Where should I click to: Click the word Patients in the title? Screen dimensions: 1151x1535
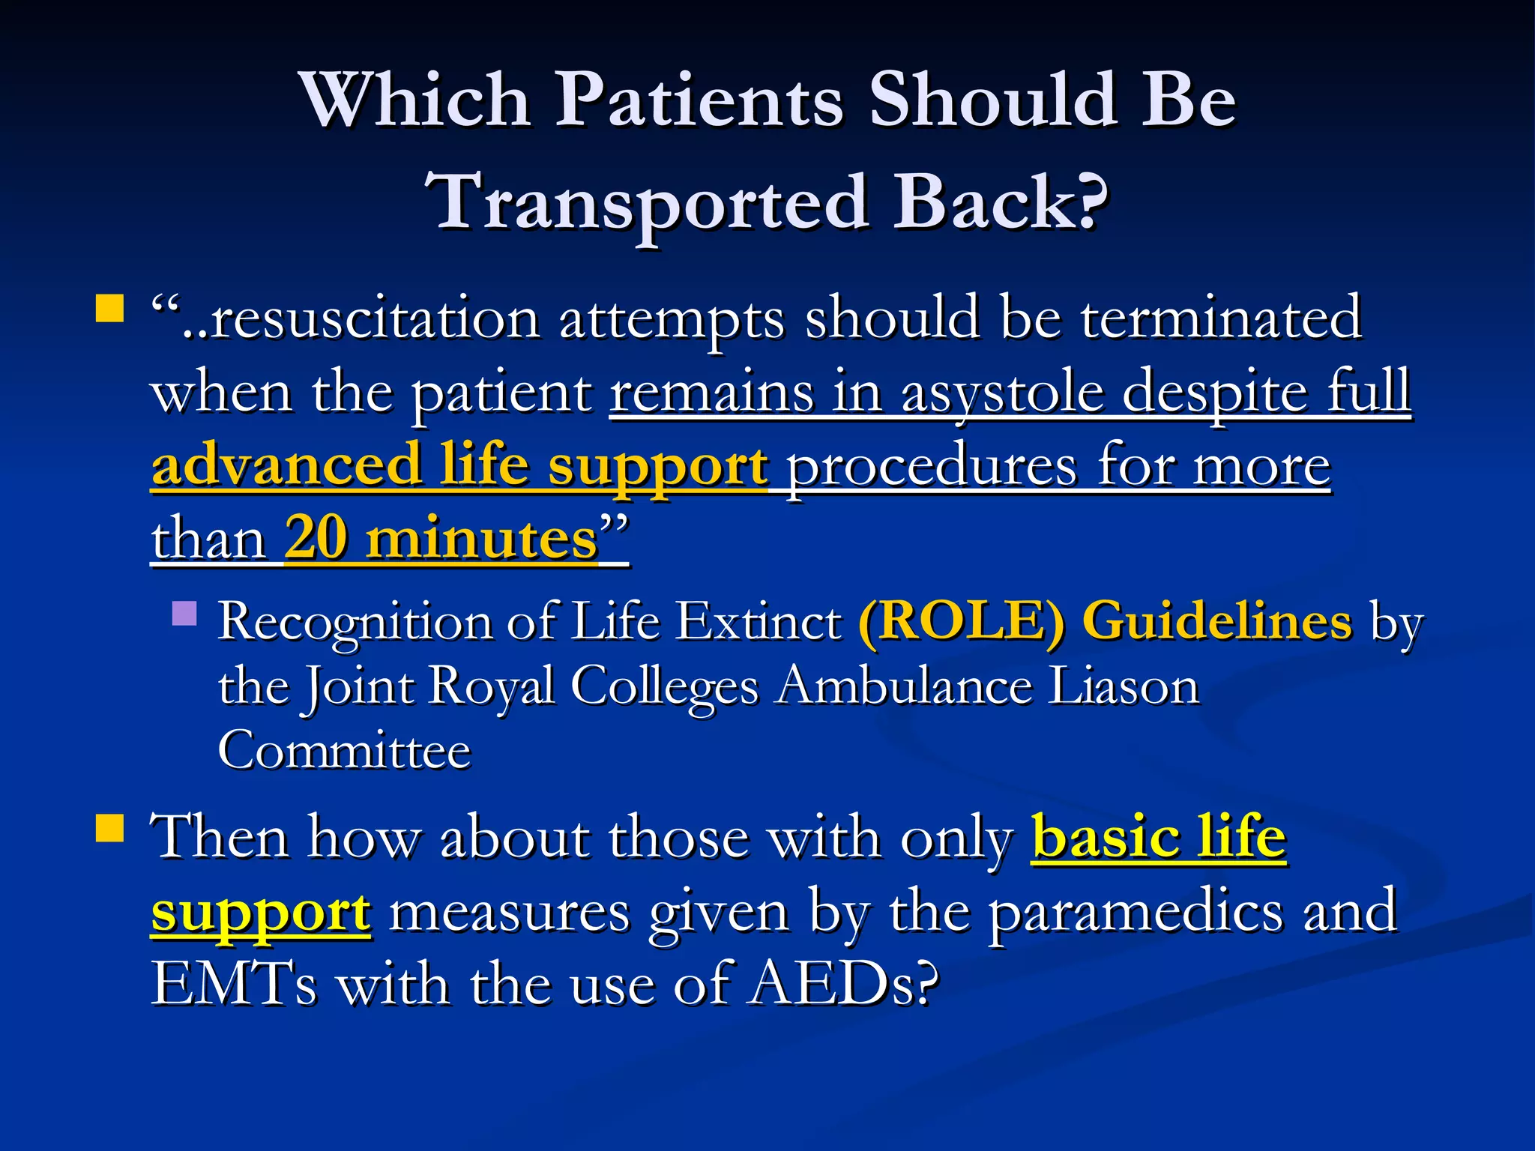coord(700,101)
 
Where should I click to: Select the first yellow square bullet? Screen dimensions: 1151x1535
coord(109,308)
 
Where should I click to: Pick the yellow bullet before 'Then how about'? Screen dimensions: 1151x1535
coord(109,829)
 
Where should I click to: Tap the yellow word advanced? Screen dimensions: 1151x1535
coord(286,465)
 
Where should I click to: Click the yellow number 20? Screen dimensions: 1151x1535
coord(316,537)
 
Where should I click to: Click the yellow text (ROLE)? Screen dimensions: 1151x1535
coord(961,621)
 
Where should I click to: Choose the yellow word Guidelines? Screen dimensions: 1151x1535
coord(1217,621)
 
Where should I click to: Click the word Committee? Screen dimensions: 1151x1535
coord(344,750)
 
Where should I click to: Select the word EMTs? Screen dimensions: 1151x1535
coord(234,984)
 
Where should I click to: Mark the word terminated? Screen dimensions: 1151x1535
coord(1221,318)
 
